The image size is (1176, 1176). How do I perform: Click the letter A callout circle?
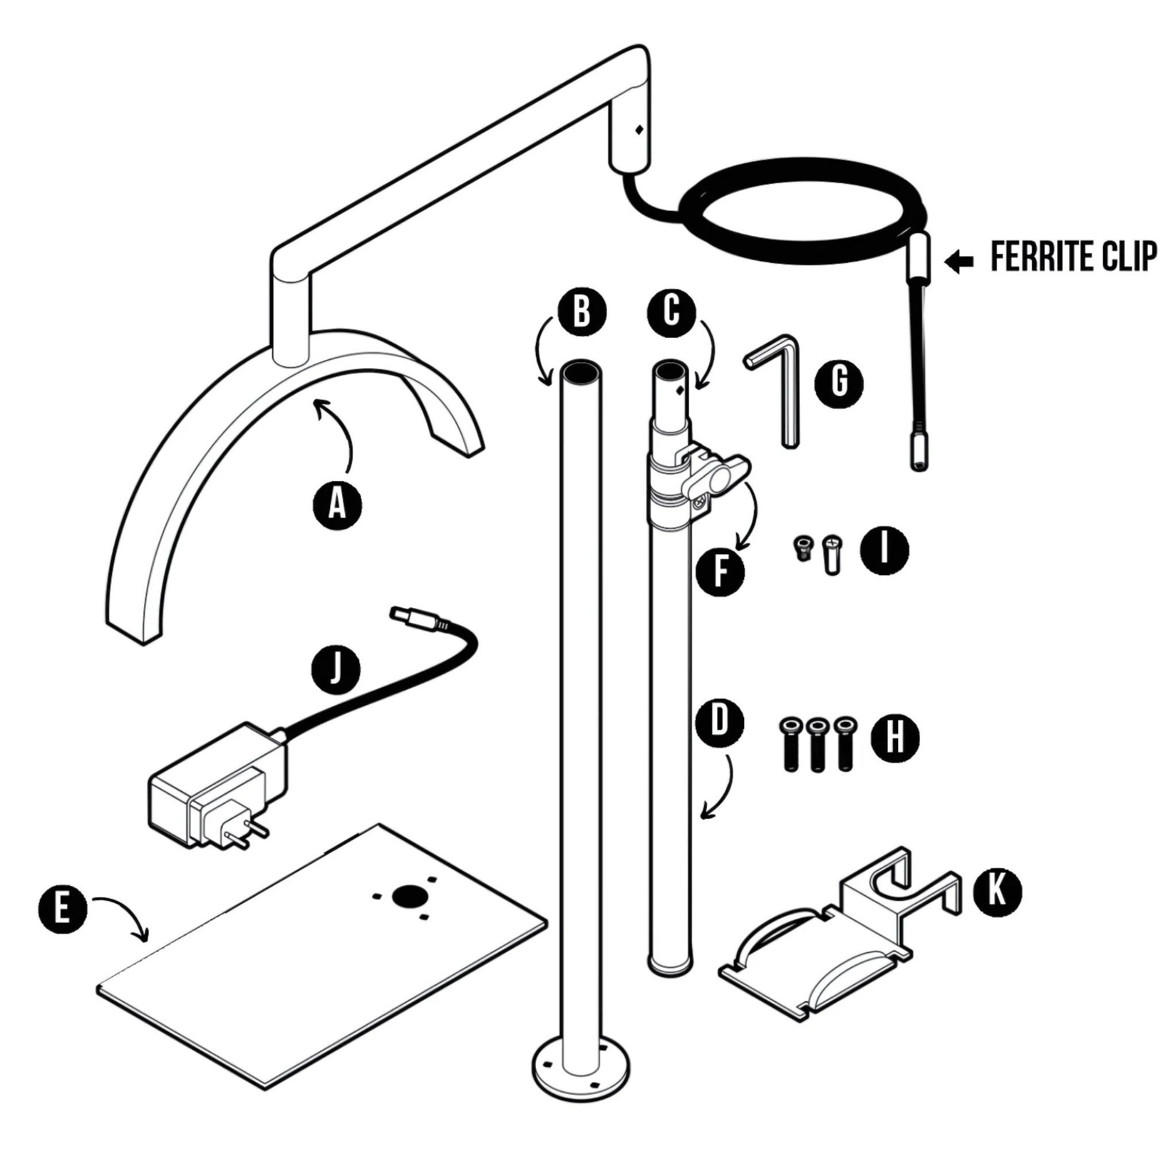[337, 504]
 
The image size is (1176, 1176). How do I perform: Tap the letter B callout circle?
[582, 312]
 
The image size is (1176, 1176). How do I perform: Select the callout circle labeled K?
[997, 892]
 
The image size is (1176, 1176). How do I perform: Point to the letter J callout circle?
[336, 671]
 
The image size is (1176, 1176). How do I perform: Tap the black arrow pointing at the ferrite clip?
[959, 261]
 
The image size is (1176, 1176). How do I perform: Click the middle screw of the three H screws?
[817, 745]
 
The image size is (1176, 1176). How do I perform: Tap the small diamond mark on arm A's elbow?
[639, 130]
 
